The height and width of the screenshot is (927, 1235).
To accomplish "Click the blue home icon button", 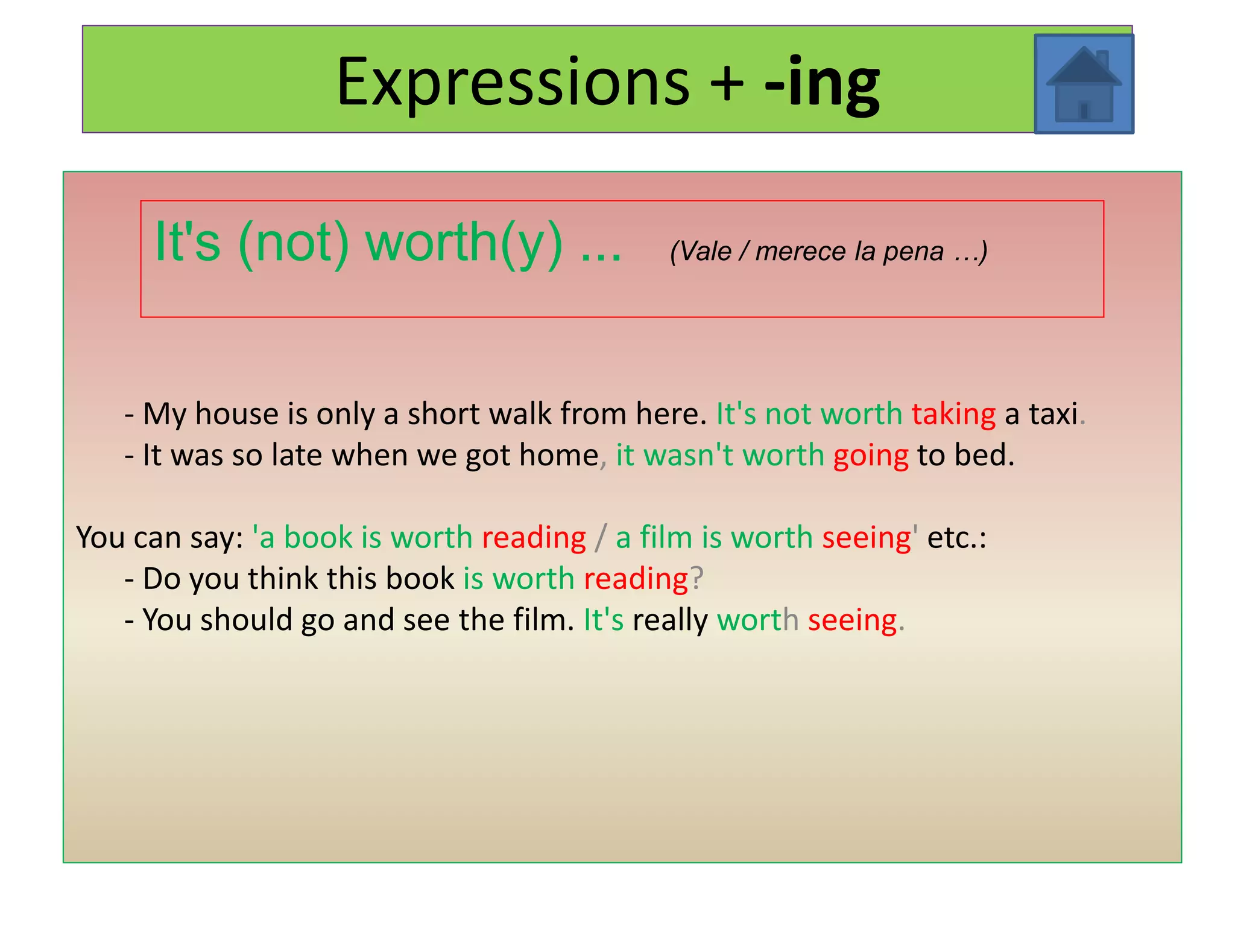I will [x=1084, y=84].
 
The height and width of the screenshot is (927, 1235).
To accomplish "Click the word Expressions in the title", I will [x=513, y=81].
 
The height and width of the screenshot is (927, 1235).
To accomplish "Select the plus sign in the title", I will [x=727, y=83].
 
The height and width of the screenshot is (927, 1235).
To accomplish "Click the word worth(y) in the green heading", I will [x=464, y=243].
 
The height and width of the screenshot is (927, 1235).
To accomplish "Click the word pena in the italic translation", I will [x=913, y=251].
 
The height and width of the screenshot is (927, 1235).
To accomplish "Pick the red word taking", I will [x=953, y=414].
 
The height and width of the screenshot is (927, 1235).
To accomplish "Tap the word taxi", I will [x=1053, y=414].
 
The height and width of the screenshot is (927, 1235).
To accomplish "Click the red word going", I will [x=870, y=456].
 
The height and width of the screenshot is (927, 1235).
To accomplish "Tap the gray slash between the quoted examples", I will [x=601, y=538].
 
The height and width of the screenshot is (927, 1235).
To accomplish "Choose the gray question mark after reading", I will [x=696, y=579].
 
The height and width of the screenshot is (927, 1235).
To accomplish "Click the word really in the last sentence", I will [x=669, y=620].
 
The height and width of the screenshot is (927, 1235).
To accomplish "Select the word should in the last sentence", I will [x=246, y=620].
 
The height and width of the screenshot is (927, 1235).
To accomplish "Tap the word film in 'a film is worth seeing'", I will [x=666, y=537].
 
